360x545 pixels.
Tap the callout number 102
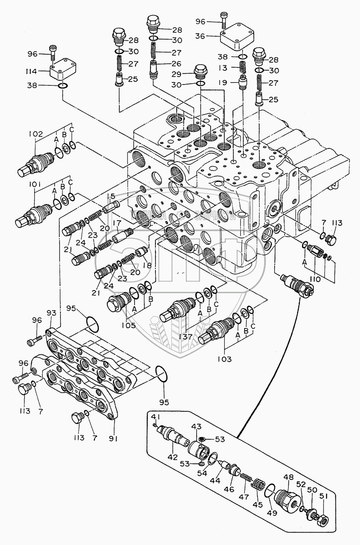[35, 134]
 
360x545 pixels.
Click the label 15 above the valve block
[110, 196]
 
